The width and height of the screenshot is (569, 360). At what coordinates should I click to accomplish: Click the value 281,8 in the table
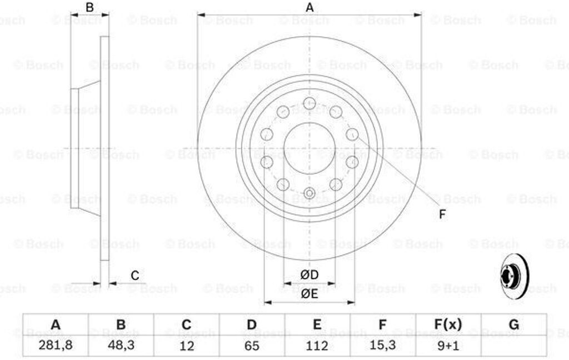(56, 345)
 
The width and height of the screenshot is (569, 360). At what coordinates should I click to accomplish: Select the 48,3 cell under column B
(121, 345)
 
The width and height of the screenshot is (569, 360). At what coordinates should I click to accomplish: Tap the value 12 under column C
(187, 346)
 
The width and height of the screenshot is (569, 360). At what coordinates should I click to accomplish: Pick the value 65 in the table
(252, 346)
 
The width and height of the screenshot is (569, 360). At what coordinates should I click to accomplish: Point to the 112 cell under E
(317, 346)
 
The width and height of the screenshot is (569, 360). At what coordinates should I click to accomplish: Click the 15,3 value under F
(382, 345)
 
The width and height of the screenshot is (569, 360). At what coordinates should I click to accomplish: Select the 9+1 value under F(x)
(448, 346)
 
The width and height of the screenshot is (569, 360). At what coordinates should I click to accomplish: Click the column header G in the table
(514, 324)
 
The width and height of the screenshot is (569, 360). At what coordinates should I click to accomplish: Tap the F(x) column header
(448, 324)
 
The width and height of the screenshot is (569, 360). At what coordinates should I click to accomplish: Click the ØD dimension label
(310, 274)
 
